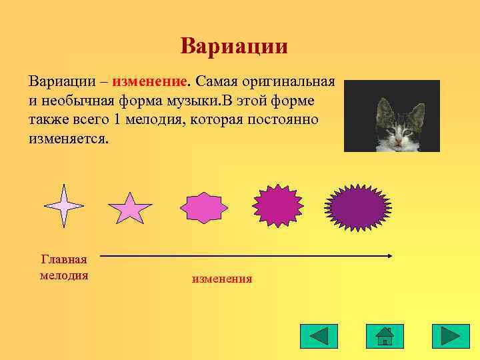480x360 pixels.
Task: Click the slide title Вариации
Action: (x=234, y=46)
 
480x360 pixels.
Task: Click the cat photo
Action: (x=392, y=116)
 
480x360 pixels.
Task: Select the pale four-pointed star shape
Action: (x=63, y=206)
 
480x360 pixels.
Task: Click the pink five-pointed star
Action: (x=130, y=209)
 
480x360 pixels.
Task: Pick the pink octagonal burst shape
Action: (x=205, y=208)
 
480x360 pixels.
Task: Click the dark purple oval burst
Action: (x=358, y=207)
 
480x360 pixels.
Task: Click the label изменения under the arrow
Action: (x=222, y=279)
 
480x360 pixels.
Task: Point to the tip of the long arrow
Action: (x=392, y=255)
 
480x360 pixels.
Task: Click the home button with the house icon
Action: (x=385, y=336)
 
